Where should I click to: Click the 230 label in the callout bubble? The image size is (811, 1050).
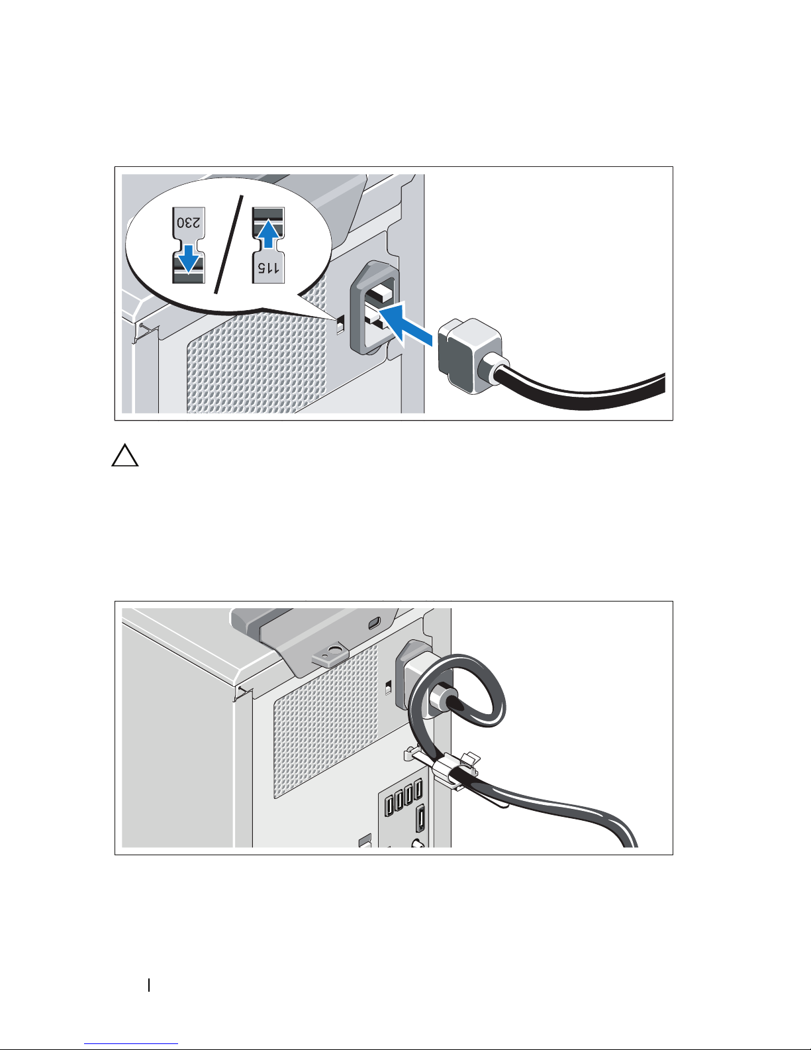pyautogui.click(x=188, y=223)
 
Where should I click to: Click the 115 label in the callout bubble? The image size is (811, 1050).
pyautogui.click(x=268, y=267)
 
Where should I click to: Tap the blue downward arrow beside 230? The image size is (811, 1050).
pyautogui.click(x=188, y=258)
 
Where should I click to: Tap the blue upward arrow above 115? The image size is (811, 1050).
pyautogui.click(x=268, y=234)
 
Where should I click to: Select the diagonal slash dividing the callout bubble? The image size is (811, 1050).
pyautogui.click(x=228, y=244)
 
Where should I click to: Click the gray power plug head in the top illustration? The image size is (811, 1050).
pyautogui.click(x=469, y=356)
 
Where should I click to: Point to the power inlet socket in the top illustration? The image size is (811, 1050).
pyautogui.click(x=377, y=307)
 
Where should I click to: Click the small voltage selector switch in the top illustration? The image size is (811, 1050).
pyautogui.click(x=340, y=325)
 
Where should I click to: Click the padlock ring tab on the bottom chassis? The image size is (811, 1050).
pyautogui.click(x=330, y=655)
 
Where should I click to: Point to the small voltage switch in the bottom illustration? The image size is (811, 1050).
pyautogui.click(x=389, y=686)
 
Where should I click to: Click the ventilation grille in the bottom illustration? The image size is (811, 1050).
pyautogui.click(x=326, y=720)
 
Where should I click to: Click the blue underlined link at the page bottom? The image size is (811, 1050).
pyautogui.click(x=131, y=1042)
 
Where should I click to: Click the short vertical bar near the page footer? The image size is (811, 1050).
pyautogui.click(x=149, y=985)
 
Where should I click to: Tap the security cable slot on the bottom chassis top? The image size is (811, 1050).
pyautogui.click(x=375, y=623)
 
